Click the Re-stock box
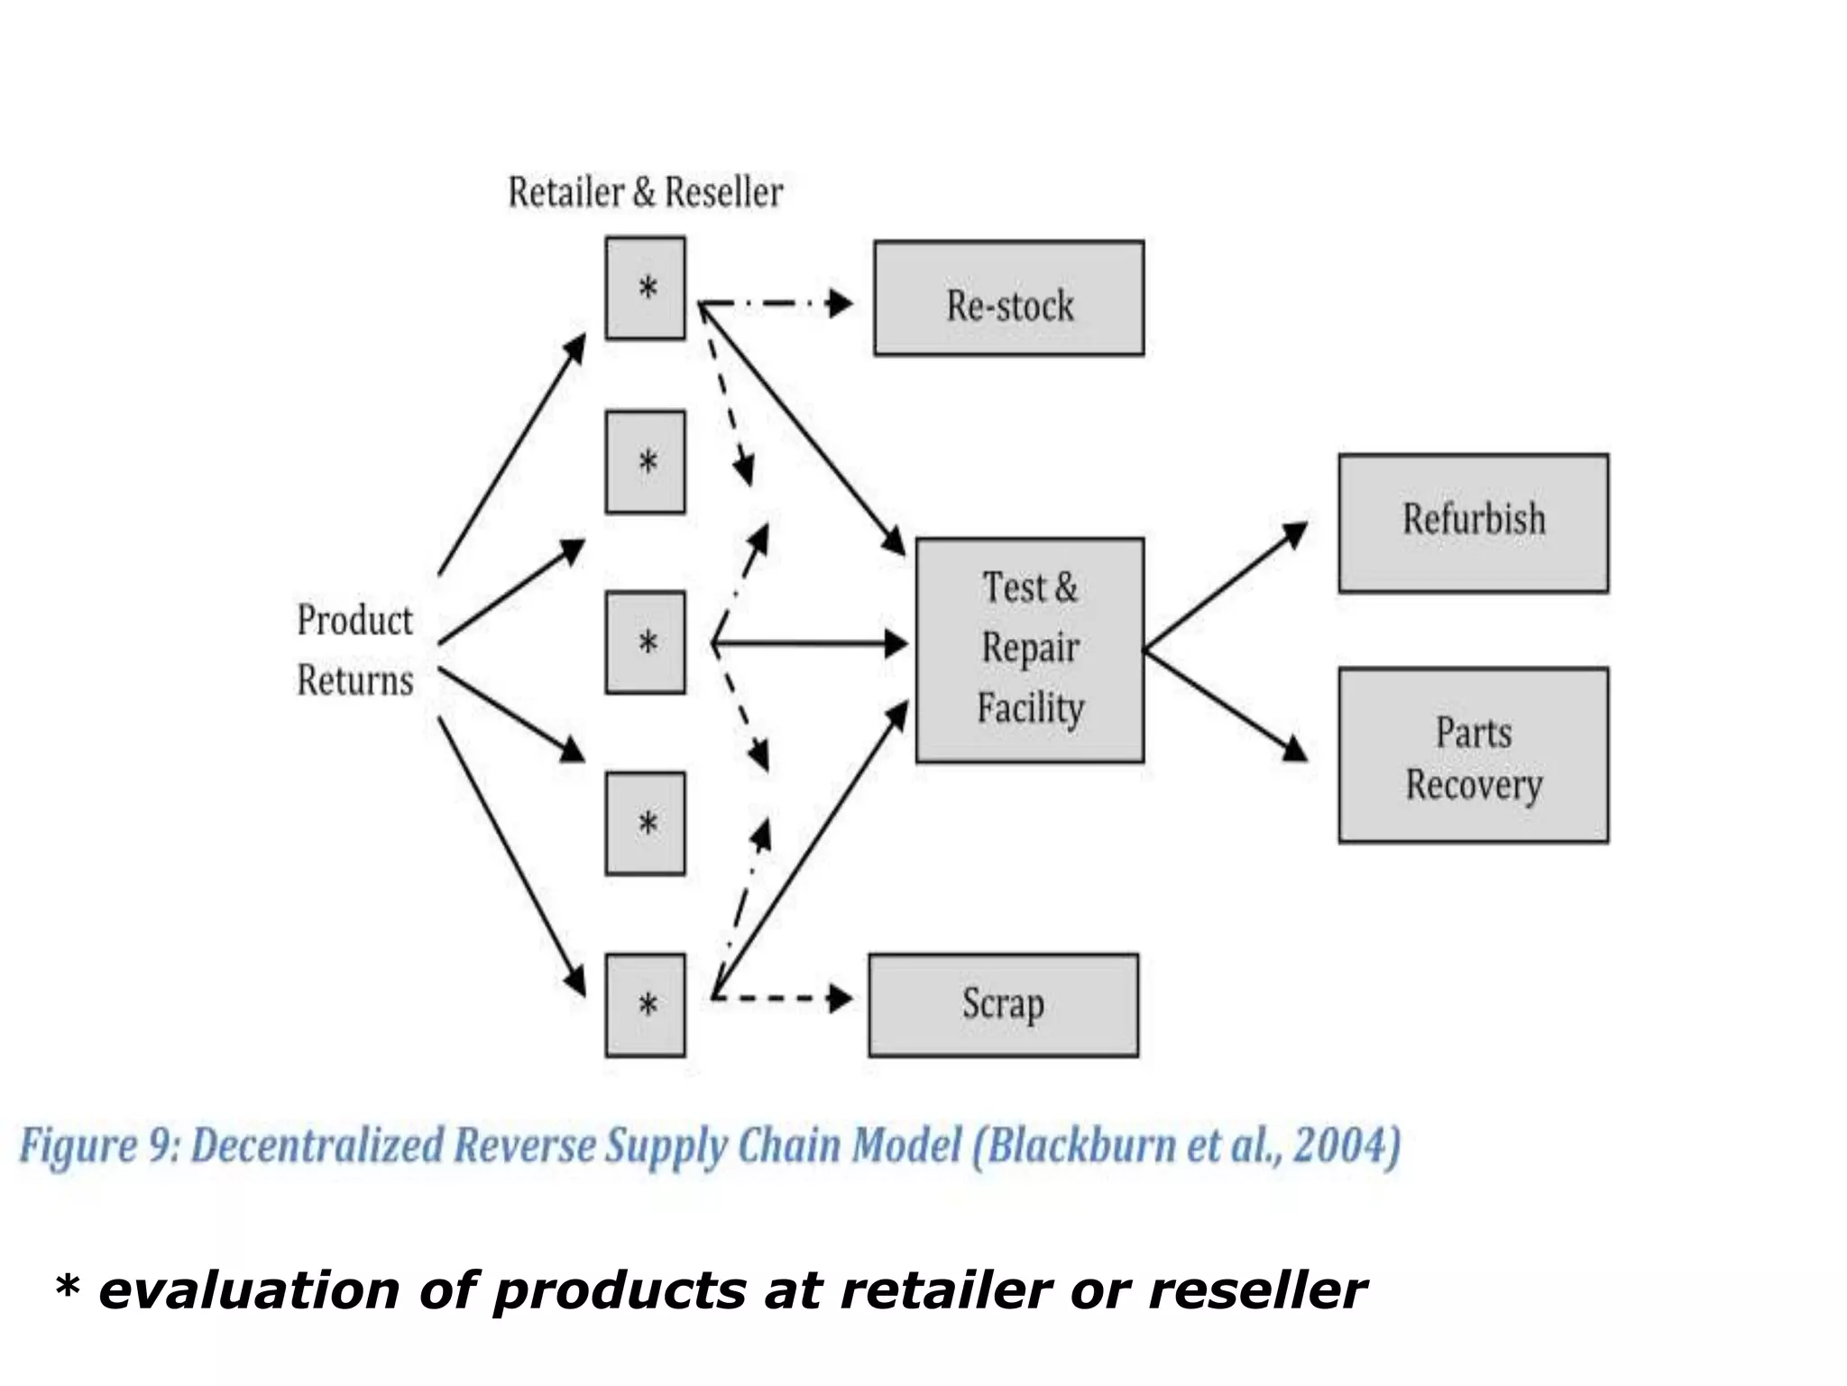pyautogui.click(x=1008, y=299)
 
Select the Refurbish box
pyautogui.click(x=1473, y=523)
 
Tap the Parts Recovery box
pyautogui.click(x=1473, y=755)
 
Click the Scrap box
pyautogui.click(x=1003, y=1005)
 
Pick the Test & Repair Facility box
pyautogui.click(x=1029, y=650)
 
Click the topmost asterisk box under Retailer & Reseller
pyautogui.click(x=645, y=289)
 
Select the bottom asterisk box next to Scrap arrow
pyautogui.click(x=645, y=1005)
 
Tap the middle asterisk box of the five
pyautogui.click(x=645, y=642)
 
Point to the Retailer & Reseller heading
pyautogui.click(x=645, y=192)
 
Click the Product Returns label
pyautogui.click(x=354, y=650)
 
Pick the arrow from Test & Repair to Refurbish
pyautogui.click(x=1225, y=587)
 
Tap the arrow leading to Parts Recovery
pyautogui.click(x=1225, y=704)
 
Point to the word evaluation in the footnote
pyautogui.click(x=249, y=1290)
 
